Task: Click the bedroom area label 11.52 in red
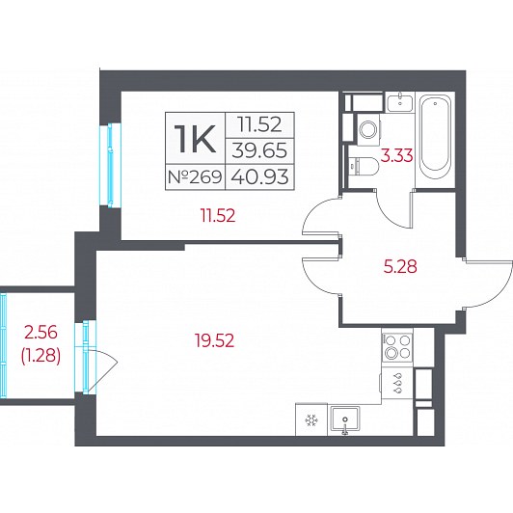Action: point(218,216)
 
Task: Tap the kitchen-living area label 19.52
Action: point(215,340)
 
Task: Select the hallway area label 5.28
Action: point(400,267)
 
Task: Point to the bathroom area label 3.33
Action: point(397,155)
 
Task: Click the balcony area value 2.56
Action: point(40,333)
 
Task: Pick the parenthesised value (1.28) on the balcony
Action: point(40,356)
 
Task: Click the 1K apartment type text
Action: point(195,139)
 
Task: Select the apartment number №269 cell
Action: point(195,177)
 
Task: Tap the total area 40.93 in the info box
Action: point(259,177)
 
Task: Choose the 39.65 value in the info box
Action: point(259,150)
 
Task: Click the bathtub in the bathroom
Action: point(435,133)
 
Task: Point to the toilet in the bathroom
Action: point(363,166)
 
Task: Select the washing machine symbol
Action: point(369,129)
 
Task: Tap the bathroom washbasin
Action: point(400,102)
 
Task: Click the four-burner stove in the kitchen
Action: point(397,346)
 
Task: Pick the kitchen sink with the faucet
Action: point(345,419)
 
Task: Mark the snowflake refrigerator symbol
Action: point(311,420)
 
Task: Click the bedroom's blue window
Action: point(111,165)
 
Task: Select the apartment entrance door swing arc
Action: point(494,283)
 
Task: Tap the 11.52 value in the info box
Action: point(259,124)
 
